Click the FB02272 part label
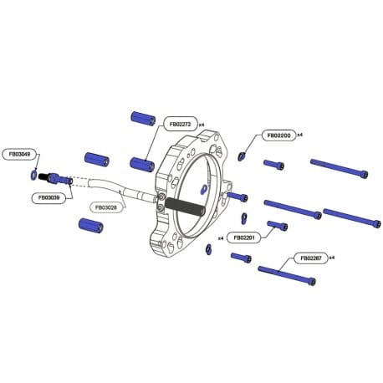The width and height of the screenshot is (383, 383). coord(180,124)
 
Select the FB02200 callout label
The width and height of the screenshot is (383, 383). coord(278,135)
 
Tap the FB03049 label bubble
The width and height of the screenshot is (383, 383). coord(19,154)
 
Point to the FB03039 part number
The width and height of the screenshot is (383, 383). coord(49,197)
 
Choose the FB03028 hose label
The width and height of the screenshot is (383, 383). coord(105,207)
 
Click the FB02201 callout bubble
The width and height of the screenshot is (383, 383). coord(244,237)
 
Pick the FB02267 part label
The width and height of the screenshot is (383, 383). coord(311,258)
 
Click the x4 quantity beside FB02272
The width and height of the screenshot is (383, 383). coord(202,125)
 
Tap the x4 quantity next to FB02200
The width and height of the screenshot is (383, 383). coord(299,135)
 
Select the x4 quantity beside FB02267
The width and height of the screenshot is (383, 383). coord(332,258)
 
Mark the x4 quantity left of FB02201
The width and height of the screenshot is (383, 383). coord(221,238)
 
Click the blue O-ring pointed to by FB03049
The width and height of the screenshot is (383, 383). coord(33,175)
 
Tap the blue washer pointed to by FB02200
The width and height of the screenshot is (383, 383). coord(242,156)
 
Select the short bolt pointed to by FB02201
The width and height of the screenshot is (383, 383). coord(278,225)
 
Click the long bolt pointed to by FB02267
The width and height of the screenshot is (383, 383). coord(287,275)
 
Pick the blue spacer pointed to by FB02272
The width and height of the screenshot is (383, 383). coord(142,164)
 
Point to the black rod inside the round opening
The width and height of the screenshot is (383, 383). coord(186,207)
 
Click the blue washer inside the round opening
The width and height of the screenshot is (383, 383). coord(203,189)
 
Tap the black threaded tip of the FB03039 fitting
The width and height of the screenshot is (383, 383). coord(43,176)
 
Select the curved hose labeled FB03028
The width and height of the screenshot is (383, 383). coord(122,190)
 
